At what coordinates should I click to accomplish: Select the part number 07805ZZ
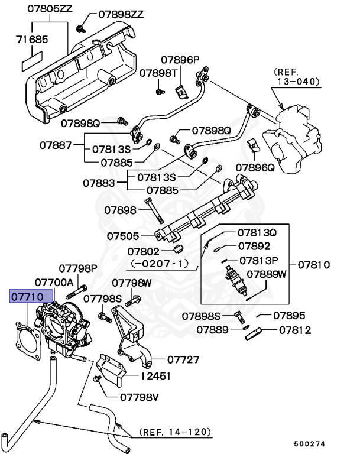49,9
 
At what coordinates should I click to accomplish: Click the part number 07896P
180,60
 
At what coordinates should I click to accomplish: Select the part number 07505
122,235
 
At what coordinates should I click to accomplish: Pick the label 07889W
266,274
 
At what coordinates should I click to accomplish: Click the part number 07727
183,359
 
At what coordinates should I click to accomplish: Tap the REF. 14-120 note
175,433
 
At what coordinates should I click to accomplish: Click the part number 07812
294,330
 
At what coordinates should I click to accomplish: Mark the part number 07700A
54,282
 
